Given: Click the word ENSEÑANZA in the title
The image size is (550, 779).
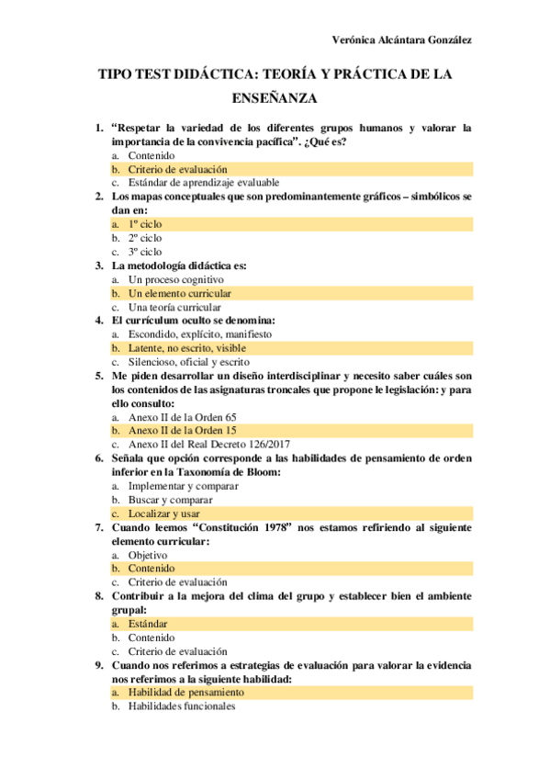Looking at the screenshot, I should [x=275, y=96].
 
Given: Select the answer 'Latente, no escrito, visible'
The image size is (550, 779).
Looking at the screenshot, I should [x=187, y=348].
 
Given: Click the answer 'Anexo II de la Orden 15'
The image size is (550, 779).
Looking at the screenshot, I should [x=183, y=430].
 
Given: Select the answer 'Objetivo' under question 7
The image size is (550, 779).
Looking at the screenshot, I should [x=148, y=555].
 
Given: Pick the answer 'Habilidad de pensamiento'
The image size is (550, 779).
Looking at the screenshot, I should [x=186, y=692].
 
